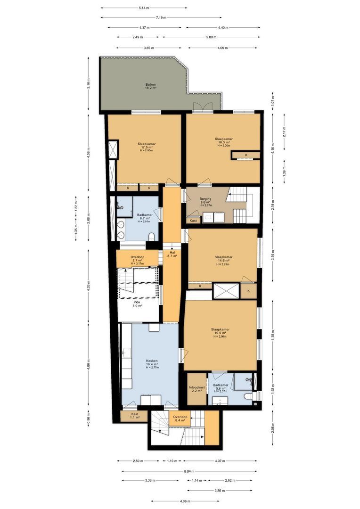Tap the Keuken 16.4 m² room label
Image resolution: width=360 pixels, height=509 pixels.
151,364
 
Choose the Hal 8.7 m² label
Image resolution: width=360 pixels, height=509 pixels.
172,254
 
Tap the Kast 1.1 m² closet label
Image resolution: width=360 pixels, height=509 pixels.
129,416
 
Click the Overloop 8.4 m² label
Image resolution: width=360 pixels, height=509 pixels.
180,419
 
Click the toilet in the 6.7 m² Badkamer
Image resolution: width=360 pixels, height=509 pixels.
121,234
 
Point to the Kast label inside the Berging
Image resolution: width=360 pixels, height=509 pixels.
193,220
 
